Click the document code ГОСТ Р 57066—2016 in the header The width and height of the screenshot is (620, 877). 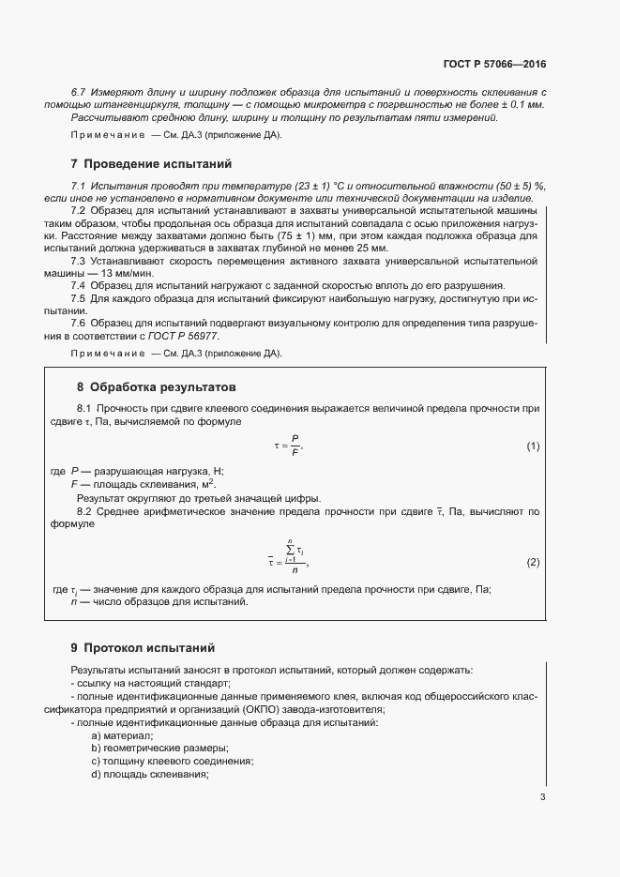pyautogui.click(x=493, y=66)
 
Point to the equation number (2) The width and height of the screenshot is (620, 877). pyautogui.click(x=533, y=562)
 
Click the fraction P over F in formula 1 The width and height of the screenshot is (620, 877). pyautogui.click(x=295, y=446)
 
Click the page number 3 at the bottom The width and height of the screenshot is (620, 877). pyautogui.click(x=542, y=797)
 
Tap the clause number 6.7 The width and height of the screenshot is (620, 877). pyautogui.click(x=79, y=92)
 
